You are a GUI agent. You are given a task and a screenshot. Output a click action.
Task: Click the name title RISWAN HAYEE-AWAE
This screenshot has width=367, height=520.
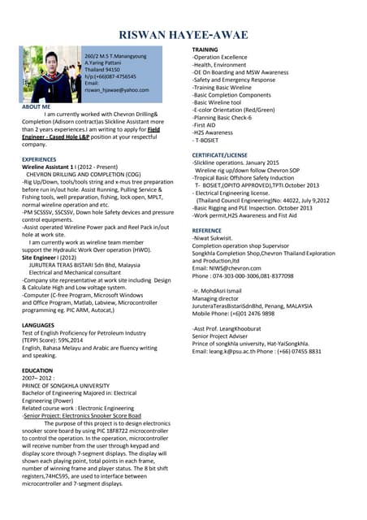tap(183, 35)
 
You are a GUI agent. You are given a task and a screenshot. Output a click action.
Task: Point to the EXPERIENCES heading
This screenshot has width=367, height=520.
tap(39, 159)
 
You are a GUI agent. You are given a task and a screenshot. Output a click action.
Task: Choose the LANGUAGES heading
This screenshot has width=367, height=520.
tap(38, 325)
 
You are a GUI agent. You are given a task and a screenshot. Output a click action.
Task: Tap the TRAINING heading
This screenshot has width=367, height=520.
tap(205, 50)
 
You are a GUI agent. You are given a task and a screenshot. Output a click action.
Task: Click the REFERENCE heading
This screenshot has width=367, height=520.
tap(206, 231)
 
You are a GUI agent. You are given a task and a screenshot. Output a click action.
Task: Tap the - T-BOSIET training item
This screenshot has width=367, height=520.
tap(210, 140)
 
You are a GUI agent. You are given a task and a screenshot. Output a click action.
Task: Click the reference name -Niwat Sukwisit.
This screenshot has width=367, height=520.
tap(216, 238)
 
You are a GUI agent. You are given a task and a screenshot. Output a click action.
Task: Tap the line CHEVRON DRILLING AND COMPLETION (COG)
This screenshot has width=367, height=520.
tap(74, 174)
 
